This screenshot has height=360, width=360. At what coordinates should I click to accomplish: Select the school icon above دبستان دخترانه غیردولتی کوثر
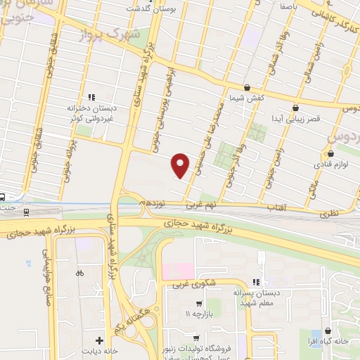[91, 97]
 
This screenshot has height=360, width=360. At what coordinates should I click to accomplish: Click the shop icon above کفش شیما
[247, 87]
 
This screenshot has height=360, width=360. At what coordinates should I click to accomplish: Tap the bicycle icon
[79, 272]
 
